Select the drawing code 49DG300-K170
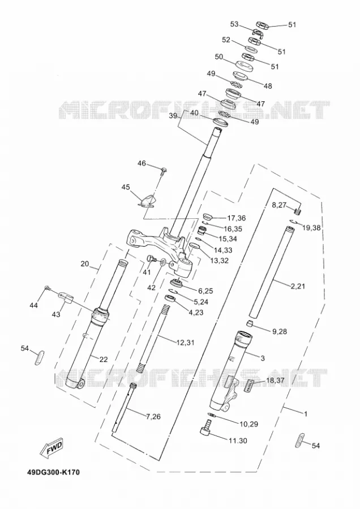[53, 472]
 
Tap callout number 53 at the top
[234, 24]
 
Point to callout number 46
[142, 163]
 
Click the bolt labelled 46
[164, 170]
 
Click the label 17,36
[236, 218]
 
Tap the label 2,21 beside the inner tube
[298, 286]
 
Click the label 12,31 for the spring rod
[186, 342]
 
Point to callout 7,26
[153, 416]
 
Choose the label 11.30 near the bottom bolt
[238, 441]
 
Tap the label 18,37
[275, 381]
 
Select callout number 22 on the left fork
[104, 359]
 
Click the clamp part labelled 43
[66, 297]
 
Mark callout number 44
[34, 305]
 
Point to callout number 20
[85, 264]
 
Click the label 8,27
[279, 204]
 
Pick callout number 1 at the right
[306, 414]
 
